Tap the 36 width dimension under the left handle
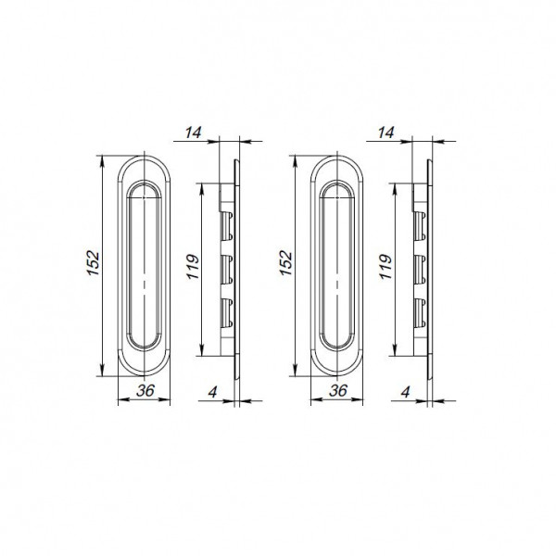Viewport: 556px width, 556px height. (x=145, y=391)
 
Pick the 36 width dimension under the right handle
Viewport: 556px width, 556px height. (x=338, y=391)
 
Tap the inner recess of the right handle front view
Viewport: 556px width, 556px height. (x=338, y=266)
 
